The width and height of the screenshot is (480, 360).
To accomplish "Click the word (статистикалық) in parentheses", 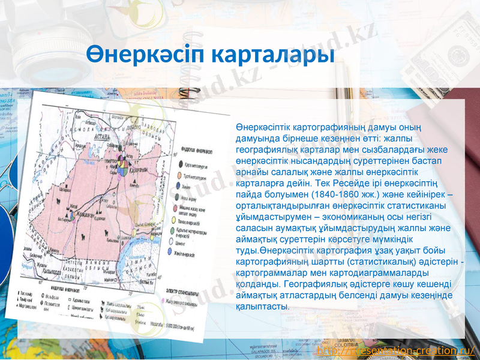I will (x=359, y=262).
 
